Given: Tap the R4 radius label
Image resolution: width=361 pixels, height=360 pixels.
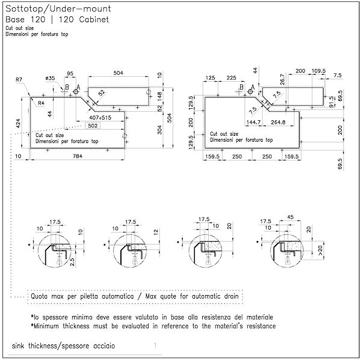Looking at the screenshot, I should [x=41, y=103].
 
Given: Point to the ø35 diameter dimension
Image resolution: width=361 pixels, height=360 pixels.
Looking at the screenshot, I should [x=50, y=79].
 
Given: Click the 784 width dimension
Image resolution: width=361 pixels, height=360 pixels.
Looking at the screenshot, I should [x=78, y=156].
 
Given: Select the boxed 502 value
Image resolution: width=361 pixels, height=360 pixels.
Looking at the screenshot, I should [x=93, y=126].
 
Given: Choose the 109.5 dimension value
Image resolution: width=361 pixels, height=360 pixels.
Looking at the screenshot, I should [x=318, y=71].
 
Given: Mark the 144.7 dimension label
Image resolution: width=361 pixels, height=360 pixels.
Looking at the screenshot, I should [x=253, y=123].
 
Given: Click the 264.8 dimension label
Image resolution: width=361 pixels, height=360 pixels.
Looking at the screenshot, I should [x=277, y=123].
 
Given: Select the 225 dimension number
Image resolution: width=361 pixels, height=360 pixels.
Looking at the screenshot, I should [x=230, y=78].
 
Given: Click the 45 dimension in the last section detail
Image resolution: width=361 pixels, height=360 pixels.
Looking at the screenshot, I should [x=289, y=218].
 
